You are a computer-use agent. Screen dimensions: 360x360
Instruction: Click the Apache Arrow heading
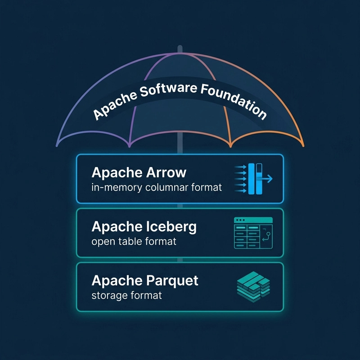point(139,172)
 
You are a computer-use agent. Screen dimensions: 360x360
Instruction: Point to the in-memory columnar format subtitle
point(157,187)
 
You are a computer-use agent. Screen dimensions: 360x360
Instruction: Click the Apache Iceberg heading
point(144,227)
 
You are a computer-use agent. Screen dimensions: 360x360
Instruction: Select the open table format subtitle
point(134,241)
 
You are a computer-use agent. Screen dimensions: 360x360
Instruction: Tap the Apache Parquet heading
point(144,280)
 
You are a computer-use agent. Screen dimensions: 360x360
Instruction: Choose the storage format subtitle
point(126,295)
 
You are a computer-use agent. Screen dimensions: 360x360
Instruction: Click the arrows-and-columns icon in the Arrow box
point(253,179)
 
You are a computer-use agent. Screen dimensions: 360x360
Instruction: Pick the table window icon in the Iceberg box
point(253,233)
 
